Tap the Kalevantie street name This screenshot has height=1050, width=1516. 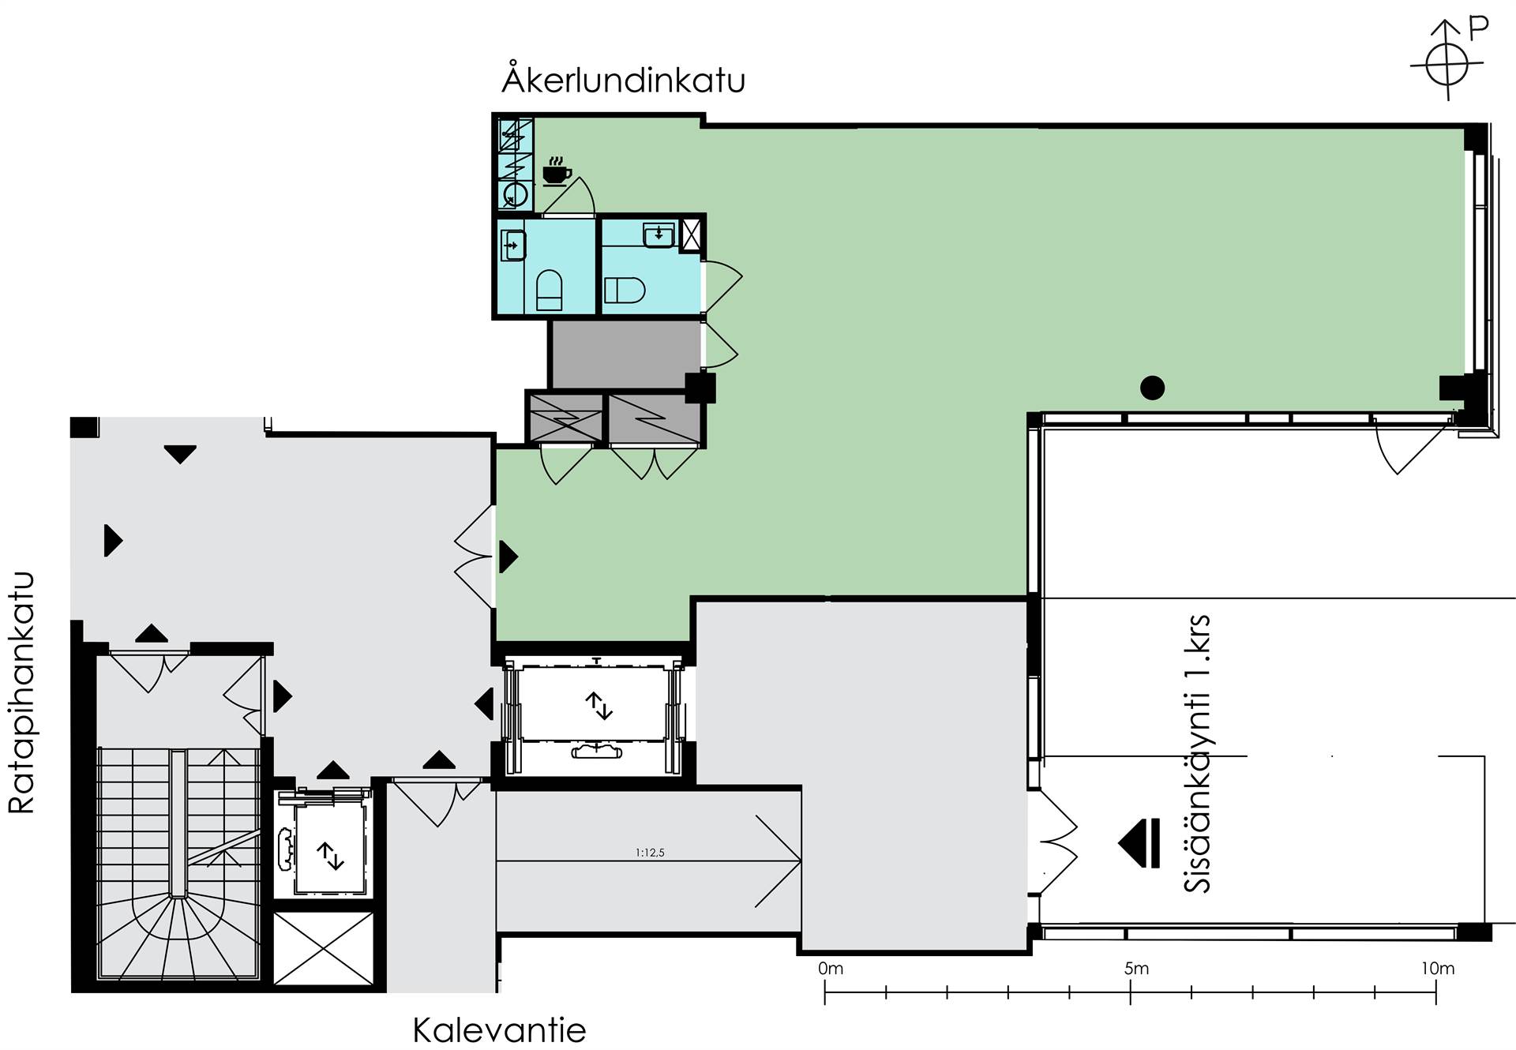click(499, 1030)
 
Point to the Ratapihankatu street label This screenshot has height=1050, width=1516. click(21, 692)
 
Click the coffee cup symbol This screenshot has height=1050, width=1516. click(557, 172)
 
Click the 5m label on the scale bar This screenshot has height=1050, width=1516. click(1136, 969)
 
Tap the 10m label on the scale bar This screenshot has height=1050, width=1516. click(1438, 969)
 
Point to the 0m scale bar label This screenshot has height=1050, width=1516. click(831, 969)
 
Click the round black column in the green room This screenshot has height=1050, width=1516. click(1152, 388)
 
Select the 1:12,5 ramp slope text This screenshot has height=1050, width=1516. click(650, 853)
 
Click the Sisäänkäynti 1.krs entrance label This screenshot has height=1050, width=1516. click(1197, 754)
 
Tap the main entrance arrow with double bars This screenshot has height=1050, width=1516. click(1139, 842)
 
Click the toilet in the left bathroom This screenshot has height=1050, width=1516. click(549, 290)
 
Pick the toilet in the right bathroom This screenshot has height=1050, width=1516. click(625, 290)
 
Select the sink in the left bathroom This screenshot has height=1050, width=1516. click(513, 245)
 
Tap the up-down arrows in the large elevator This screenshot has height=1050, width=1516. click(599, 705)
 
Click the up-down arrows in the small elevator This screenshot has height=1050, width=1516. click(330, 856)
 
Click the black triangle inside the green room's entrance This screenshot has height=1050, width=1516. click(508, 557)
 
